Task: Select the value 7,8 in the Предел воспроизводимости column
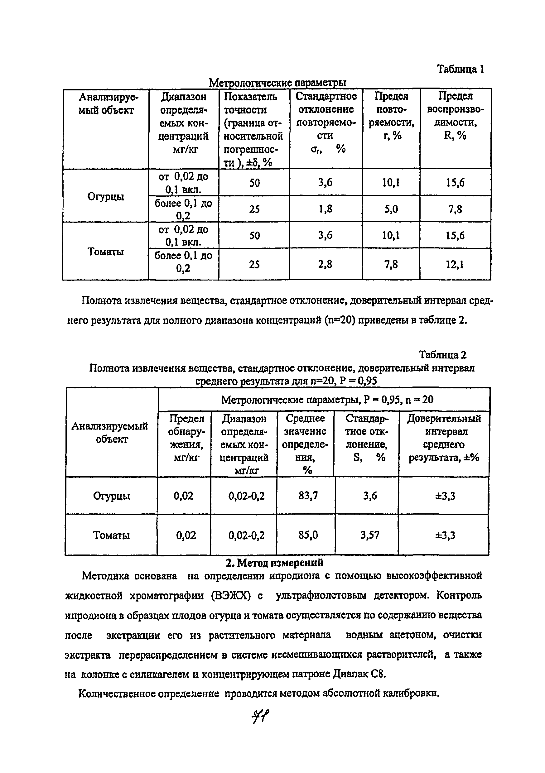455,209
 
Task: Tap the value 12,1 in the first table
455,265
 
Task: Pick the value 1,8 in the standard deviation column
326,209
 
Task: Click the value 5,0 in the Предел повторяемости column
391,209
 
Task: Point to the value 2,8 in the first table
326,264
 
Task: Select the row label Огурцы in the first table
106,196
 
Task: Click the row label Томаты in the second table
111,535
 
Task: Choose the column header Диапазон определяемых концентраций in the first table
184,123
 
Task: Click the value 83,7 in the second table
307,496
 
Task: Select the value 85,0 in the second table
308,535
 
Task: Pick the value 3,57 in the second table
369,535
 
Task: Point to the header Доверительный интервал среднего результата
444,438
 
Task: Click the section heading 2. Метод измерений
274,563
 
